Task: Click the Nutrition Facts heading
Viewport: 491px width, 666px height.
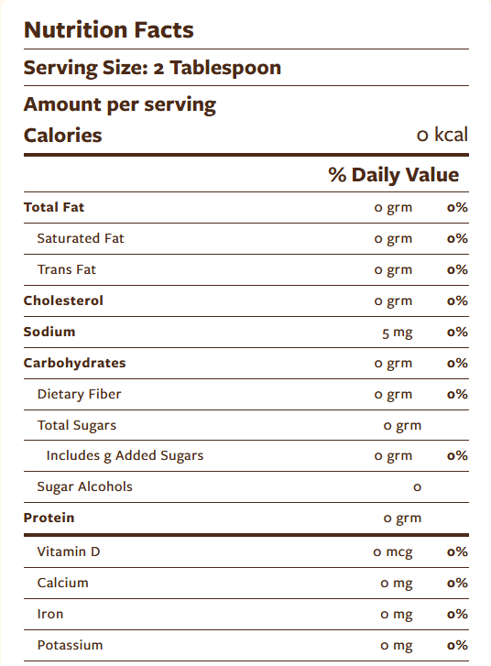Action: (x=108, y=30)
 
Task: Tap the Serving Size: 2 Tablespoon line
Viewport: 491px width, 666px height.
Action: (x=152, y=68)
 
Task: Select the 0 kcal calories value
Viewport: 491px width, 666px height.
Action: (x=442, y=136)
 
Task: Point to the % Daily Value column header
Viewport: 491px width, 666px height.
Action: (x=393, y=175)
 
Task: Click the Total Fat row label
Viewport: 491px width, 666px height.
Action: (x=54, y=207)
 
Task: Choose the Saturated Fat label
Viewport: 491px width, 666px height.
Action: (x=81, y=238)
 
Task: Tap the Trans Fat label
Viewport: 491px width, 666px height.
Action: (x=67, y=269)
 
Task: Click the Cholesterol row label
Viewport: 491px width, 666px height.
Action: (x=63, y=300)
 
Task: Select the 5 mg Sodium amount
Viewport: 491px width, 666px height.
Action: (x=397, y=333)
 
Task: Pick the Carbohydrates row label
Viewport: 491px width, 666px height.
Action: (x=74, y=363)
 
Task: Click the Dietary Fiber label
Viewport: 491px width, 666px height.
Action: (x=80, y=394)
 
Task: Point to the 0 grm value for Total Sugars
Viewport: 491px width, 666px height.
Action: (x=402, y=426)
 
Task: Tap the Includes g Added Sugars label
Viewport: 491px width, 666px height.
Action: (x=125, y=455)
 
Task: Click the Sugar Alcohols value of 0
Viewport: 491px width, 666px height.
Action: (x=417, y=487)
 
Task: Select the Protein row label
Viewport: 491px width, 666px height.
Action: (x=49, y=518)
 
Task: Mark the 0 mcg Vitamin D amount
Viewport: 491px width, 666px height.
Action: (x=393, y=552)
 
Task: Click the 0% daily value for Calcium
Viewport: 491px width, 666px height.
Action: (x=457, y=584)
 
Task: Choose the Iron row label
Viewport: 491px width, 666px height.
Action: (x=50, y=614)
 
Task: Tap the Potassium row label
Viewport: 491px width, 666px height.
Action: (x=70, y=645)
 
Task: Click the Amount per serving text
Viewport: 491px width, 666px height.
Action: (x=120, y=104)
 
